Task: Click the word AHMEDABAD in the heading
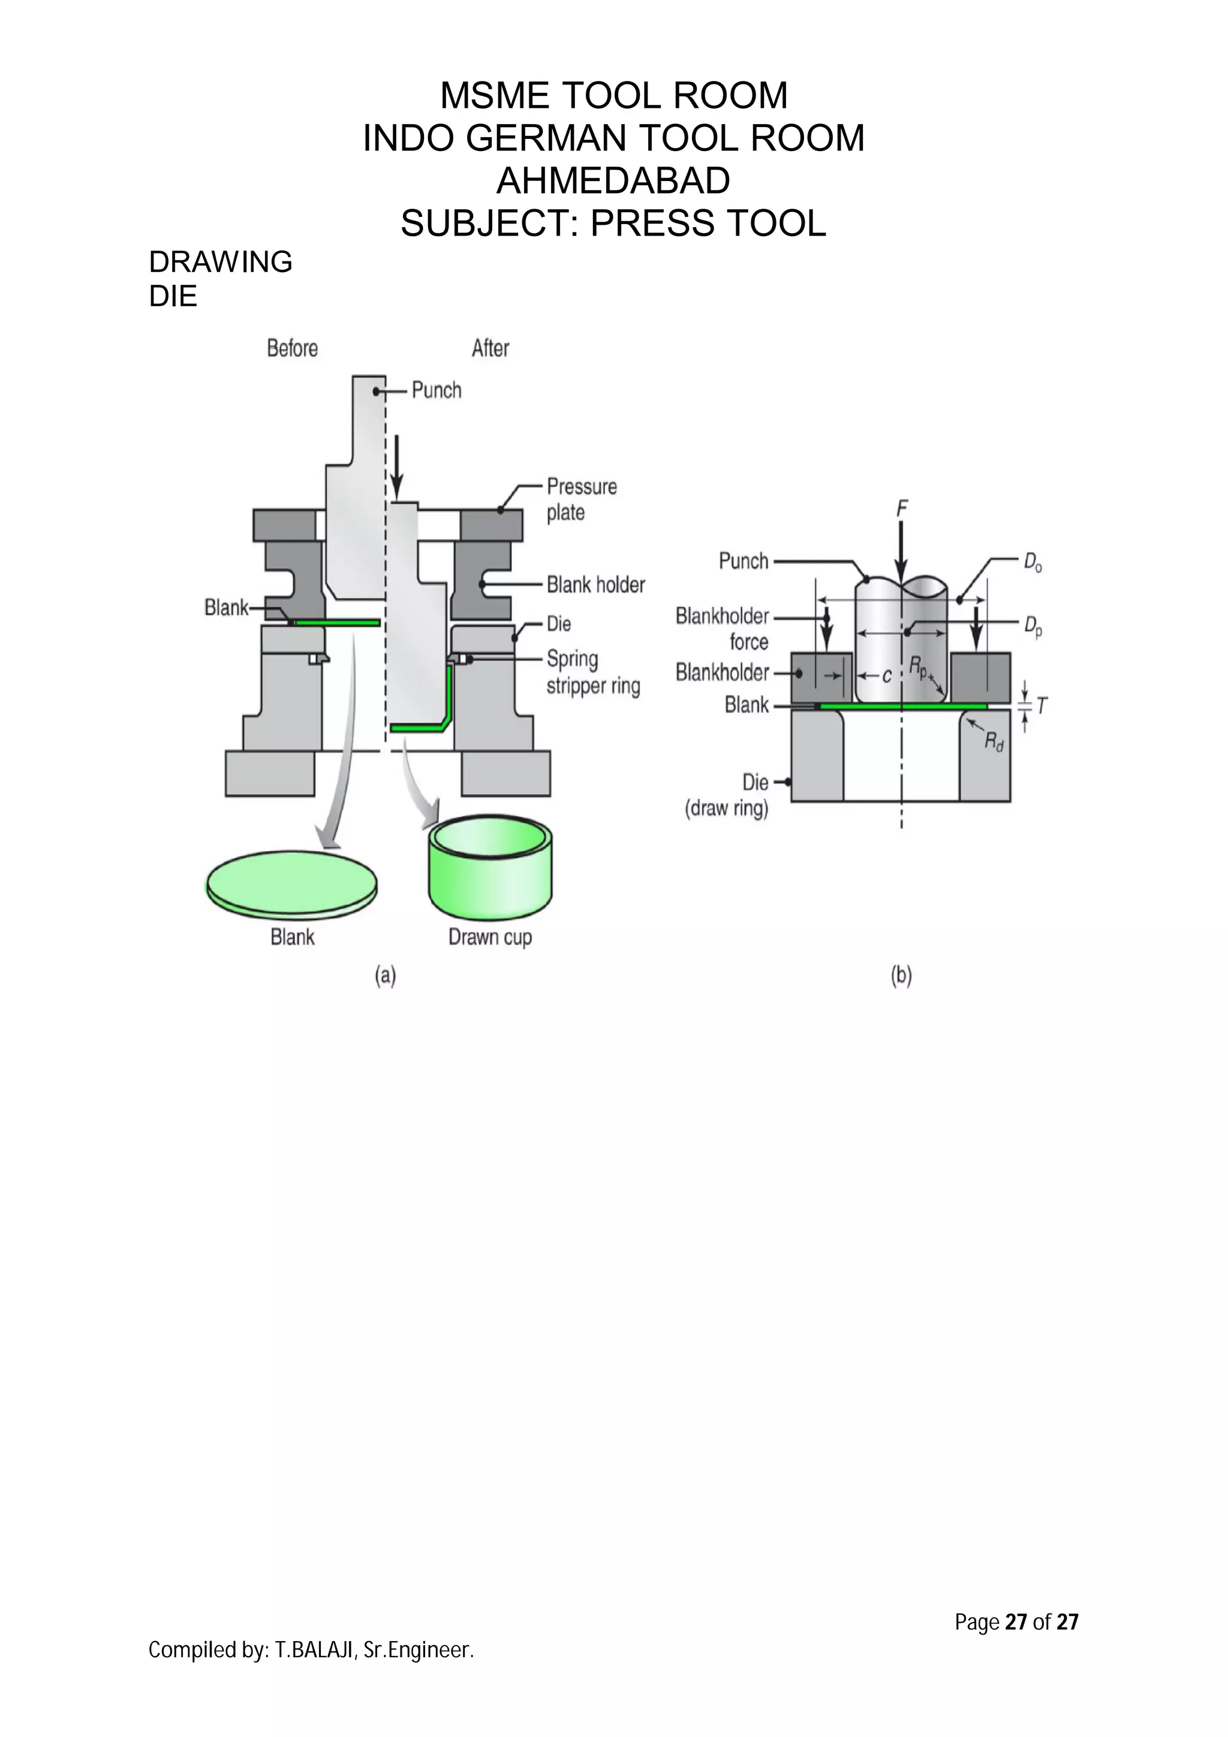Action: pos(613,181)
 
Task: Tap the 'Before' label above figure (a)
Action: pos(292,348)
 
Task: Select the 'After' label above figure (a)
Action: pos(490,348)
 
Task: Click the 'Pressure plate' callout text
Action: pos(580,499)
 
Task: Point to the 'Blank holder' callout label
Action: pos(595,585)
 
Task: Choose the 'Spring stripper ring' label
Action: pos(592,673)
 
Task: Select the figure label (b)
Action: pos(901,976)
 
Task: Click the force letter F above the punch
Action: pos(901,509)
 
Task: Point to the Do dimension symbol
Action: pos(1032,563)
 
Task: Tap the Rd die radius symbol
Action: pos(994,742)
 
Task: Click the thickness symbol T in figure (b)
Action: pos(1042,707)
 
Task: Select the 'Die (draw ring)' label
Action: pos(727,795)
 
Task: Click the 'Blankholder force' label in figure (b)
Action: pos(722,629)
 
